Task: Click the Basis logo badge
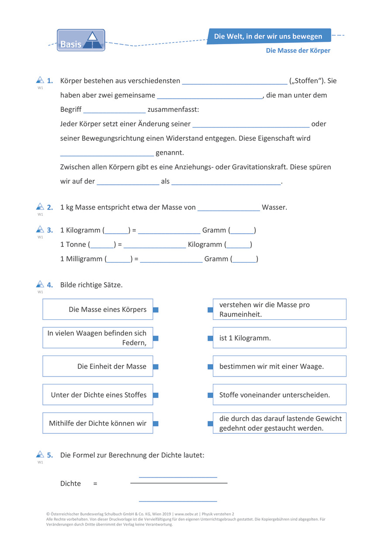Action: coord(81,40)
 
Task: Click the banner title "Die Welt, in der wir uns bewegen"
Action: coord(268,36)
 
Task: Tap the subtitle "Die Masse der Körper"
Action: coord(298,51)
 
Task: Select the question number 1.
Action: coord(50,81)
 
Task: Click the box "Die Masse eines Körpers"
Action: coord(98,309)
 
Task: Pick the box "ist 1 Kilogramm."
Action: coord(279,338)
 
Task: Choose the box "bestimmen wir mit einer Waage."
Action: coord(279,367)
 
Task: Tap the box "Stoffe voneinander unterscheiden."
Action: coord(279,395)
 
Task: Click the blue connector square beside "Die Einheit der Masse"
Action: coord(156,367)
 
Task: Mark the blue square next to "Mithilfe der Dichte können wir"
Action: coord(156,423)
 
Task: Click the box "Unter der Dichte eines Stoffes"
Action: coord(98,395)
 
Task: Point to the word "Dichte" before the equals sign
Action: coord(70,484)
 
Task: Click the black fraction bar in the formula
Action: coord(179,483)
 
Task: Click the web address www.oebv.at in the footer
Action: coord(186,514)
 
